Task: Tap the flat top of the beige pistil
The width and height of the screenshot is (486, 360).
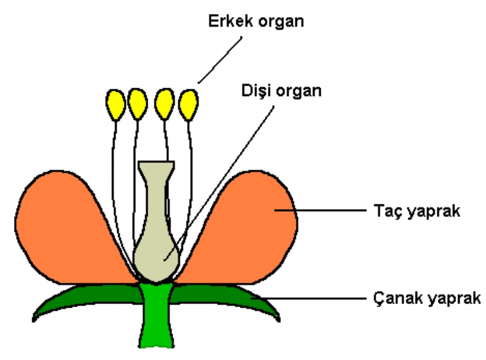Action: [x=157, y=165]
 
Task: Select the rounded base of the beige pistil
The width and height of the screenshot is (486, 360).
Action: [x=156, y=258]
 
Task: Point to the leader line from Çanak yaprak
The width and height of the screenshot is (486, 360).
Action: [x=316, y=299]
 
